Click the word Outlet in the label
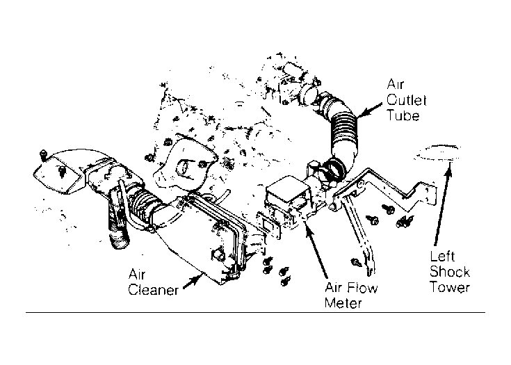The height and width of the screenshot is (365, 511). click(x=407, y=100)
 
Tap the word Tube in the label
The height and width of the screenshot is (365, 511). click(x=403, y=115)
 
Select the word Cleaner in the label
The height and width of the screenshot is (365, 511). click(x=153, y=290)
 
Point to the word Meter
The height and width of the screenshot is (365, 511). click(x=343, y=303)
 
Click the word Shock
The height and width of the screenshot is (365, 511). click(x=450, y=272)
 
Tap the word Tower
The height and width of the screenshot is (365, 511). click(x=450, y=287)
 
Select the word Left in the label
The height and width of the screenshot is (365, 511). click(x=442, y=257)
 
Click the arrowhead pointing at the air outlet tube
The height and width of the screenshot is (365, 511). click(x=361, y=113)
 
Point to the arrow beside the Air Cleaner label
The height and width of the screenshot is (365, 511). click(x=193, y=282)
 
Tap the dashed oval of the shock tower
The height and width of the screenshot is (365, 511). click(x=437, y=152)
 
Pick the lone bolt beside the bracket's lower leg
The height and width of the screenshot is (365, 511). click(x=356, y=262)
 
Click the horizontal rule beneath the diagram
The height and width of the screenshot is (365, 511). click(x=255, y=313)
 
